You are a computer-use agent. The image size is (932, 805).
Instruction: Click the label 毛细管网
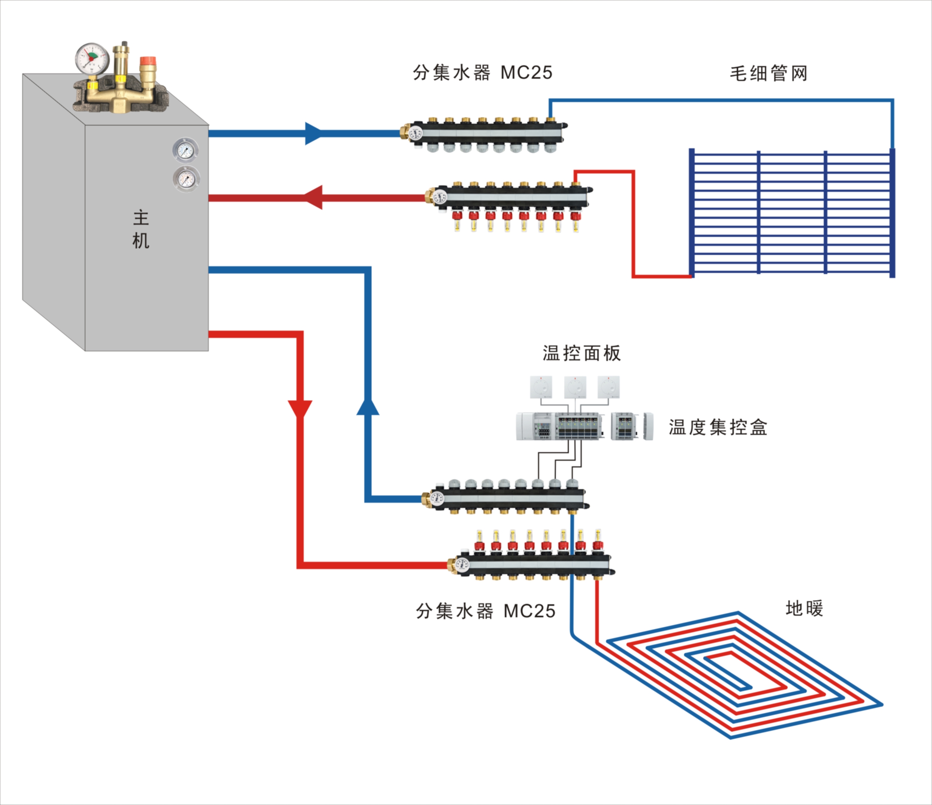pyautogui.click(x=768, y=73)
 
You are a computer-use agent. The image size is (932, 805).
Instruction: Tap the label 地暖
pyautogui.click(x=804, y=608)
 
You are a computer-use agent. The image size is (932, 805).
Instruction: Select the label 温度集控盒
pyautogui.click(x=718, y=427)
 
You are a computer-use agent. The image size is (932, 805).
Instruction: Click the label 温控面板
pyautogui.click(x=582, y=353)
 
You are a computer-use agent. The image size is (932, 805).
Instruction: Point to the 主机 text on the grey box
pyautogui.click(x=141, y=229)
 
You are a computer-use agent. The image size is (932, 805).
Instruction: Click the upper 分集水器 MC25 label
pyautogui.click(x=483, y=73)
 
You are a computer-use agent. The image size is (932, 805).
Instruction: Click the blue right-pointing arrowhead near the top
pyautogui.click(x=313, y=134)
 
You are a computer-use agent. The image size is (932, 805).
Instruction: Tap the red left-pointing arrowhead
pyautogui.click(x=314, y=197)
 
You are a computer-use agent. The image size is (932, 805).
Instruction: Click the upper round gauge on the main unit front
pyautogui.click(x=185, y=150)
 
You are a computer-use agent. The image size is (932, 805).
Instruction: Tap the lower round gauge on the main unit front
pyautogui.click(x=186, y=179)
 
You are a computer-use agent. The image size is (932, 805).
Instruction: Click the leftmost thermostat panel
pyautogui.click(x=541, y=387)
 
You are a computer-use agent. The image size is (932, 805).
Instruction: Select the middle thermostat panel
pyautogui.click(x=575, y=387)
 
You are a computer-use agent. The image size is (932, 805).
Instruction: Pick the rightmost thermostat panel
pyautogui.click(x=608, y=387)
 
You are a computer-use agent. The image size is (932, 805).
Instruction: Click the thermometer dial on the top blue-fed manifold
pyautogui.click(x=416, y=134)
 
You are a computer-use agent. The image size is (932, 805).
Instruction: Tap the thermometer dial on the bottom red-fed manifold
pyautogui.click(x=462, y=564)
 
